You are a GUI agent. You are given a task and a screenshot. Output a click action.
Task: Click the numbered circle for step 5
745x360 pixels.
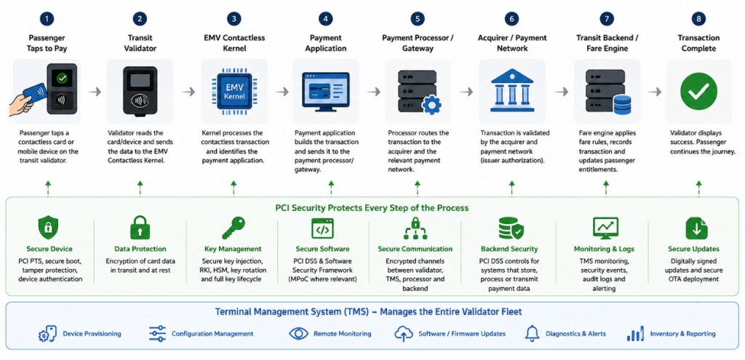[417, 19]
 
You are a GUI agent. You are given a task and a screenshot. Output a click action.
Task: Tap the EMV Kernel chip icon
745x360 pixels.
[234, 91]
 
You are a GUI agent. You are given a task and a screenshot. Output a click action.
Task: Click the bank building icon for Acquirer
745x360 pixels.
[511, 90]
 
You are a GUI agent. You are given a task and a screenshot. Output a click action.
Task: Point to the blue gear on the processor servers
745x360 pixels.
[431, 105]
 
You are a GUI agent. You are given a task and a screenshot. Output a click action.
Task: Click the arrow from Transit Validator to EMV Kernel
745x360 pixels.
[188, 92]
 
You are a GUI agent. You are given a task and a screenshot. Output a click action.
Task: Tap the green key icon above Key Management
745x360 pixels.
[234, 228]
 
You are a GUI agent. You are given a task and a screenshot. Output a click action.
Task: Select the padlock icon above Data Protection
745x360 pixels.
[140, 228]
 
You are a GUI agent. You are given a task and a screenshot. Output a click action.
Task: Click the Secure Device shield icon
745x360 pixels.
[48, 228]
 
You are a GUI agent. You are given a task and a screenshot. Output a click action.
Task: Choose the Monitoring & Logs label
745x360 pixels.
[604, 249]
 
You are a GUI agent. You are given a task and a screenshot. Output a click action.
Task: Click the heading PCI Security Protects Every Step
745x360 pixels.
[372, 208]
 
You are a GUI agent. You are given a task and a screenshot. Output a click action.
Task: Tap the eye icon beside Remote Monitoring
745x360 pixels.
[299, 333]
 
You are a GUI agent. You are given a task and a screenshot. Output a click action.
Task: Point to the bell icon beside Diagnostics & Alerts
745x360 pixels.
[532, 333]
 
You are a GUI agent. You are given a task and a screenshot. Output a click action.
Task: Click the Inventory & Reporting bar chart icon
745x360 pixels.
[635, 333]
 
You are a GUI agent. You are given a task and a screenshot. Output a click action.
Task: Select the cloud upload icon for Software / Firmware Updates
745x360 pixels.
[403, 334]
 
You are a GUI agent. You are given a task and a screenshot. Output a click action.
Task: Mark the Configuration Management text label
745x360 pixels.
[212, 334]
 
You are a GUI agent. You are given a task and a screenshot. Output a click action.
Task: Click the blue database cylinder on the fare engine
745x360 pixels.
[622, 105]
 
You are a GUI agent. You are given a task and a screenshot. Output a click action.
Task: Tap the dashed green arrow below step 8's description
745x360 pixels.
[698, 188]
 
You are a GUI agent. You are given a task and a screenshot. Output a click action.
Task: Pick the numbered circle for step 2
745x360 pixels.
[140, 19]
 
